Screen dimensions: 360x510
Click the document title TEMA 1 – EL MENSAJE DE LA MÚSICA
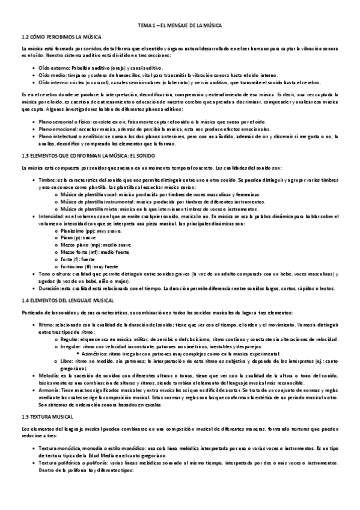[x=180, y=25]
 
